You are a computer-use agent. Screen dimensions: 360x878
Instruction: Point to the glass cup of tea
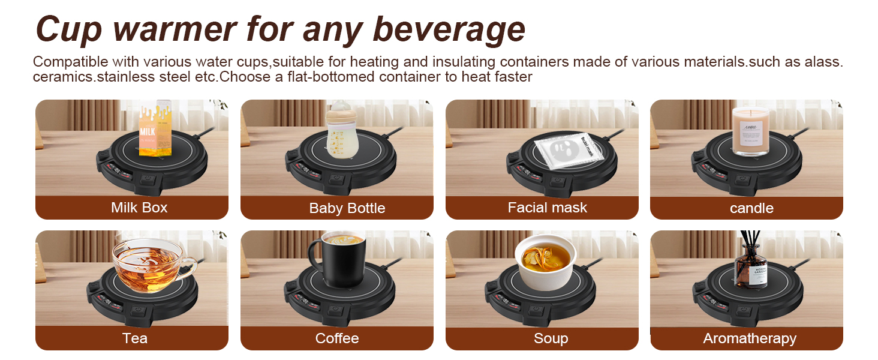(151, 262)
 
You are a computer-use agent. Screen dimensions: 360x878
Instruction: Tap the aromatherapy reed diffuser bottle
(752, 268)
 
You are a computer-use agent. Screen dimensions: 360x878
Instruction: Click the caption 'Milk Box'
(139, 208)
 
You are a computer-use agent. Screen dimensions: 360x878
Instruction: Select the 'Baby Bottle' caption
(347, 208)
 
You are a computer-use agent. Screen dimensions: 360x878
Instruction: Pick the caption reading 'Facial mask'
(548, 208)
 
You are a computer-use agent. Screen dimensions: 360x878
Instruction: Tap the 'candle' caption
(751, 208)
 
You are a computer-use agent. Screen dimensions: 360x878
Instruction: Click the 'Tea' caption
(134, 338)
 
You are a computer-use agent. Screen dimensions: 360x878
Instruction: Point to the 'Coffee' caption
(337, 338)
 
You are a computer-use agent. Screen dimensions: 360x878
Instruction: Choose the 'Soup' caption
(551, 338)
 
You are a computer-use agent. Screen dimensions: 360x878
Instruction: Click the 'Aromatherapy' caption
(750, 338)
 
